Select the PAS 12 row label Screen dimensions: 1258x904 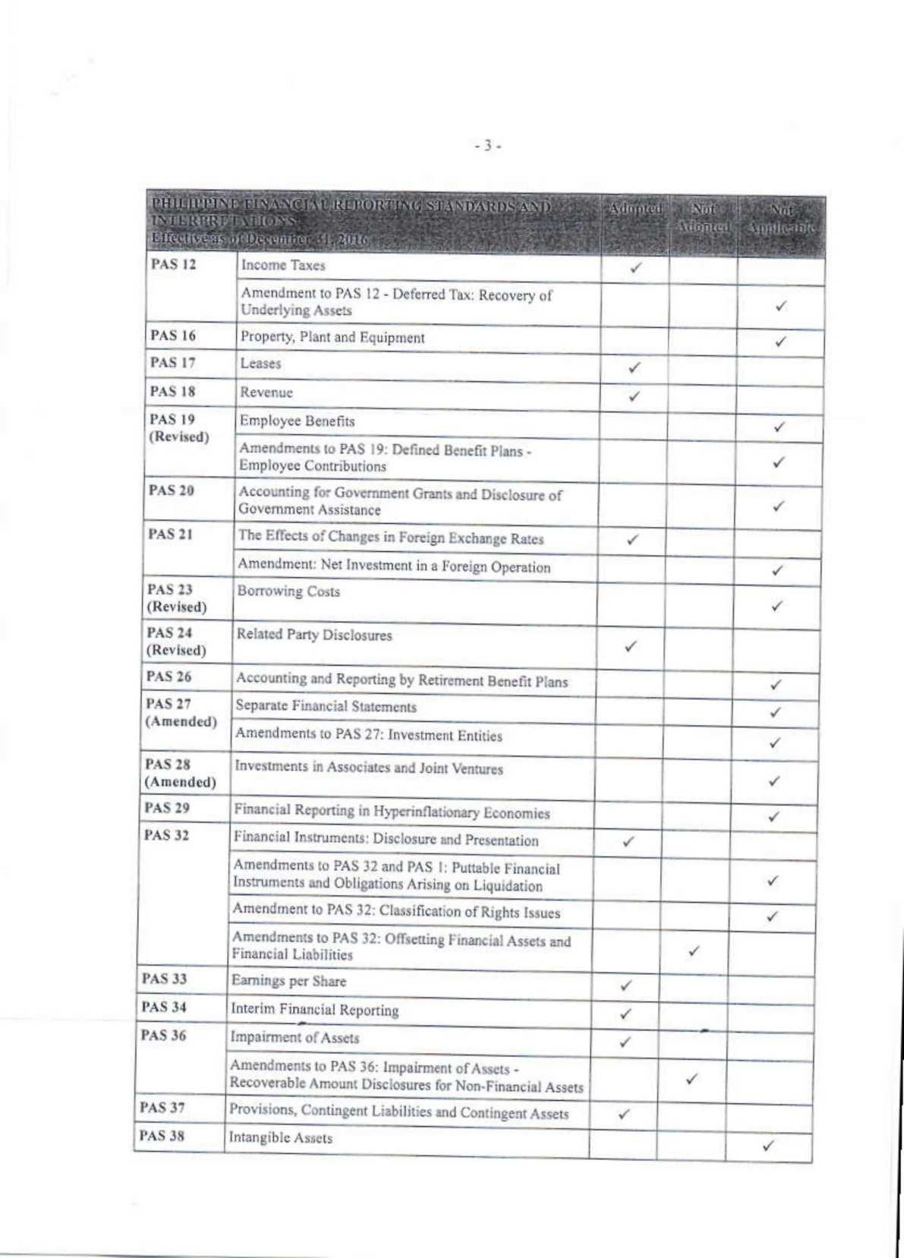(x=173, y=264)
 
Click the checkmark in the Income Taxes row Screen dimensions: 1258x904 (x=636, y=267)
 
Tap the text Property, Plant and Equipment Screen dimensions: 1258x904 (x=332, y=337)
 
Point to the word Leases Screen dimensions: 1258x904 (x=260, y=364)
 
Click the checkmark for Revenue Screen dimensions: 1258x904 (x=635, y=396)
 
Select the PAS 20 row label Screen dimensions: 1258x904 (x=172, y=490)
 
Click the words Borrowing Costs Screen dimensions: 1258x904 (x=288, y=591)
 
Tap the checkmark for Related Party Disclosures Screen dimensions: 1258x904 (x=630, y=647)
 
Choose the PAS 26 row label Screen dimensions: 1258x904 (x=169, y=676)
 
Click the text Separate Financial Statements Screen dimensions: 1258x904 (x=326, y=706)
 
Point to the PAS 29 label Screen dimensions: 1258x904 (x=167, y=808)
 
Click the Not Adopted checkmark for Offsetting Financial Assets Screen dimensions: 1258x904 (x=693, y=951)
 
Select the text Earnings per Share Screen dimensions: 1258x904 (x=288, y=981)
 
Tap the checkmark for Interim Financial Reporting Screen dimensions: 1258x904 (x=625, y=1014)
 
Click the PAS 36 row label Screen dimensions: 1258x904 (x=163, y=1036)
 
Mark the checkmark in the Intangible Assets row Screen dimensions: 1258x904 (x=768, y=1146)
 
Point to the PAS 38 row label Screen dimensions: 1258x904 (x=162, y=1136)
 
